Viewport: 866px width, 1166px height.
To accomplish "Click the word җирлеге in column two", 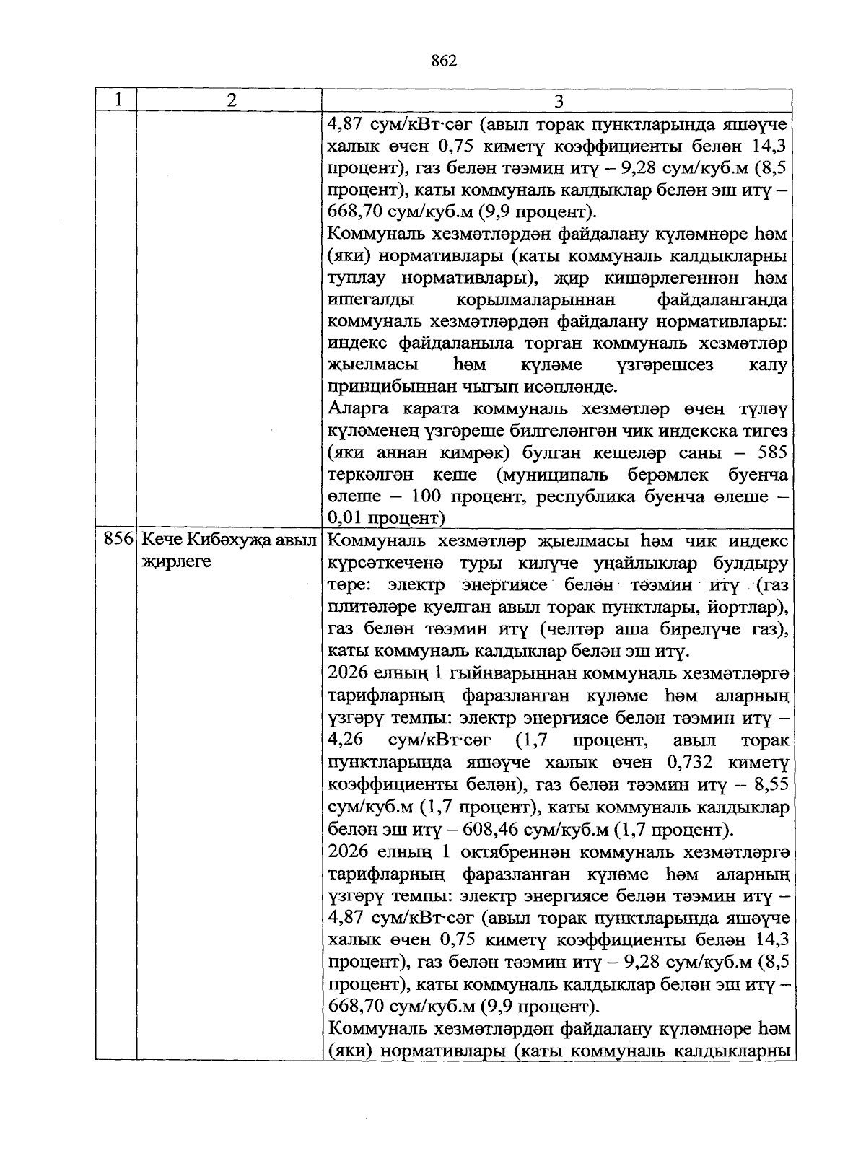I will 176,561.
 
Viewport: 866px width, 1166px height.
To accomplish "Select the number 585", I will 770,452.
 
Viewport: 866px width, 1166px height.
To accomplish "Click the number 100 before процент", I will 427,496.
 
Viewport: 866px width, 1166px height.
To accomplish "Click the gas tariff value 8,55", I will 769,784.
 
